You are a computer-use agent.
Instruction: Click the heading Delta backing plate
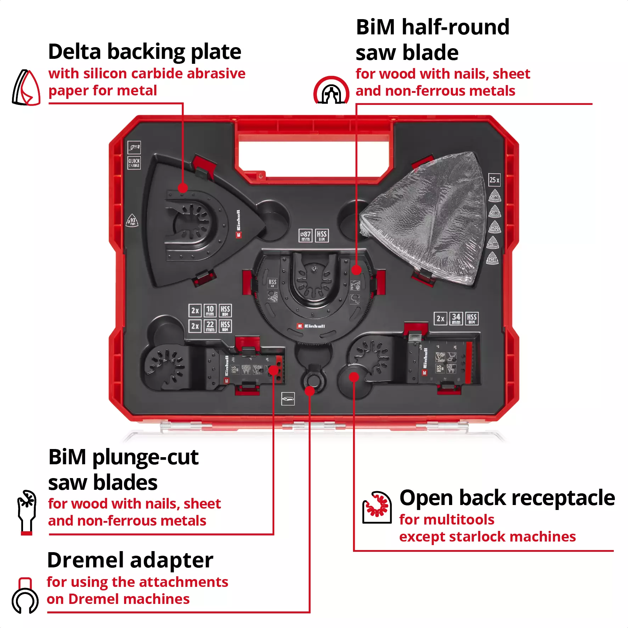click(x=145, y=52)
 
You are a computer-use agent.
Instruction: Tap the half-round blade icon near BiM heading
click(x=331, y=91)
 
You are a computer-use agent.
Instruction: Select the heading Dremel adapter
click(x=130, y=560)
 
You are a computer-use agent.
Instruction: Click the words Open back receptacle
click(x=507, y=498)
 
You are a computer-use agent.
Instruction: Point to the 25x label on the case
click(x=494, y=180)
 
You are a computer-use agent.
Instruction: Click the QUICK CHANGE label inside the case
click(x=134, y=163)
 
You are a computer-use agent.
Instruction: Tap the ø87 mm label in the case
click(x=305, y=235)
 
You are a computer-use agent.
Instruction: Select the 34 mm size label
click(x=456, y=318)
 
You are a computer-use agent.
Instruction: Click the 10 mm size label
click(x=210, y=310)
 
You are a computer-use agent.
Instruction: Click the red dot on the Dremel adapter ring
click(x=310, y=391)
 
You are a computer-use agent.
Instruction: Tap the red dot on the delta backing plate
click(x=183, y=188)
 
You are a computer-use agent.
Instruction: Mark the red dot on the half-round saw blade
click(x=356, y=270)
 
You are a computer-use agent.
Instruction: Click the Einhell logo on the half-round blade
click(x=311, y=326)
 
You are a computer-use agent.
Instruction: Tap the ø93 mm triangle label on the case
click(x=132, y=220)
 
